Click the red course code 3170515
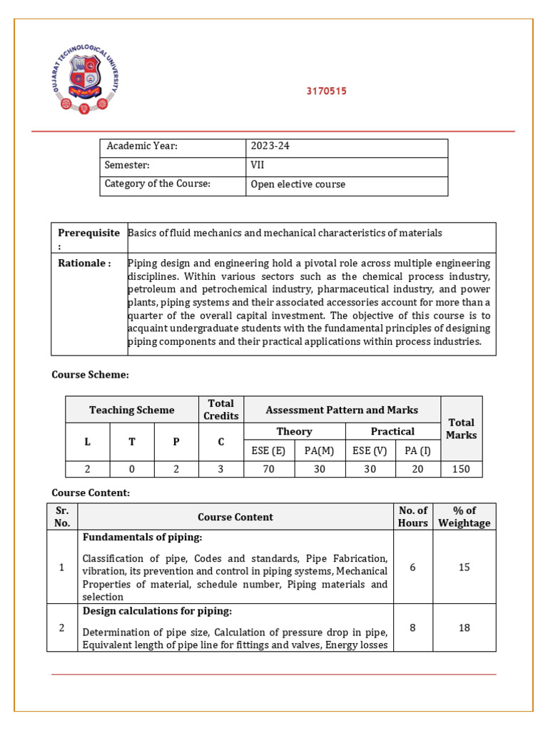(x=326, y=91)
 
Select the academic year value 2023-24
(x=270, y=146)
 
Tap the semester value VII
(x=257, y=165)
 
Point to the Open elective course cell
(x=298, y=184)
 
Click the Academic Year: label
(x=141, y=146)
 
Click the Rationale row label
(x=84, y=263)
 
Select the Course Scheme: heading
(x=90, y=375)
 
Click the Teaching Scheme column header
(x=131, y=410)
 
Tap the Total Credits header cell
(x=220, y=410)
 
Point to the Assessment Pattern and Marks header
(x=342, y=410)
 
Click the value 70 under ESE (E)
(x=269, y=469)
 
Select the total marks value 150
(x=461, y=469)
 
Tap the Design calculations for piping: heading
(x=157, y=611)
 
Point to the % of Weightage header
(x=464, y=517)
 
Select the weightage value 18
(x=464, y=627)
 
